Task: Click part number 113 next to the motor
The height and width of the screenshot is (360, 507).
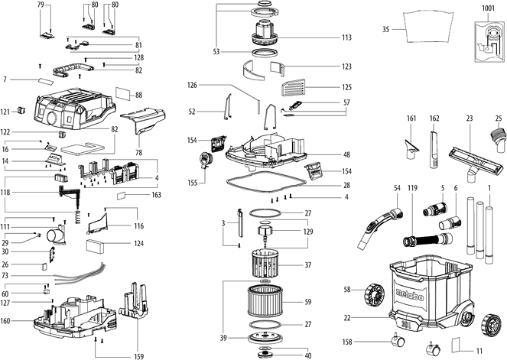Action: tap(346, 37)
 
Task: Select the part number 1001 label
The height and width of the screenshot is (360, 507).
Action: tap(488, 8)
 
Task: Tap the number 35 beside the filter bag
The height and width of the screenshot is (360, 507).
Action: tap(385, 29)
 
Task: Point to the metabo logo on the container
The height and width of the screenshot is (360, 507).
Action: tap(410, 295)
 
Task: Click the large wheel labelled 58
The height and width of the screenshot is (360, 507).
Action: tap(375, 294)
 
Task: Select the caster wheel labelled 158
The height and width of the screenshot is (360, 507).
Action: tap(398, 340)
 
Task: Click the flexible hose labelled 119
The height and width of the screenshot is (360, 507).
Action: tap(428, 240)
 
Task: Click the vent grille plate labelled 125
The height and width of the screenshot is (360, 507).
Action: tap(294, 88)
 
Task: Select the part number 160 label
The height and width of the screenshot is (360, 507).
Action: tap(5, 321)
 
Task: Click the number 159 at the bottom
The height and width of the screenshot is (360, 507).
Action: tap(138, 356)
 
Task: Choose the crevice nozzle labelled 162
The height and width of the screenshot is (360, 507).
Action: tap(434, 149)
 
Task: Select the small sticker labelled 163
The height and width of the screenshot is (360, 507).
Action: tap(122, 196)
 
